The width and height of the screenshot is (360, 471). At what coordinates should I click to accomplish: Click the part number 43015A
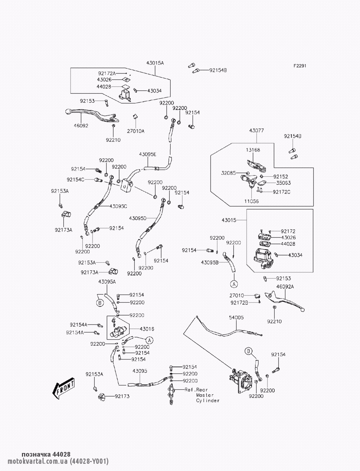155,63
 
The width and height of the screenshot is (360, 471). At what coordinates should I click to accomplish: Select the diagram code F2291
300,66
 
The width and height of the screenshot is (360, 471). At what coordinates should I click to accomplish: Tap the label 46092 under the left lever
81,126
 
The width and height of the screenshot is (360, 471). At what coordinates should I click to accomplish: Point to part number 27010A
136,131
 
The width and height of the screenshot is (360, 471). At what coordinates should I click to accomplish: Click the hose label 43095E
148,154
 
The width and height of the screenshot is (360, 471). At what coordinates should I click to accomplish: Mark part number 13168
253,150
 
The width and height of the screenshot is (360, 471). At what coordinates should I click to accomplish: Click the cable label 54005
237,317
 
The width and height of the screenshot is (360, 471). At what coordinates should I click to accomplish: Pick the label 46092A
285,287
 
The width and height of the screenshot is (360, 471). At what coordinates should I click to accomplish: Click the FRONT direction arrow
64,389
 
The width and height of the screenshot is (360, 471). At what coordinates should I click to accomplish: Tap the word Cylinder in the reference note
208,400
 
